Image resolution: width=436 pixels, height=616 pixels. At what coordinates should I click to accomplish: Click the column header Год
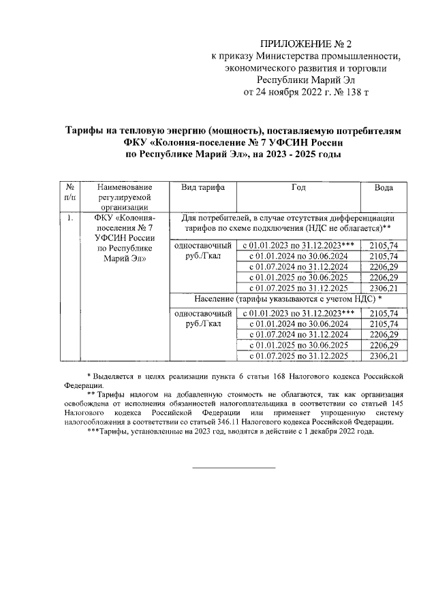298,187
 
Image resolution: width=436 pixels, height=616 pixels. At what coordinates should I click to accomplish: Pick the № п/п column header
69,192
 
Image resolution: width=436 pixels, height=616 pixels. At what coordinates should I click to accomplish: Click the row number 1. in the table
69,218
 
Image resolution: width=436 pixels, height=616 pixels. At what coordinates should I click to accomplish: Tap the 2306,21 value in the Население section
382,355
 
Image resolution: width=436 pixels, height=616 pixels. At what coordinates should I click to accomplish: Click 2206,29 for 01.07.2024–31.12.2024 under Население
382,334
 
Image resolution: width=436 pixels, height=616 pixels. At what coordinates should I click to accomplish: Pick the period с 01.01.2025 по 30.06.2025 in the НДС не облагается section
298,277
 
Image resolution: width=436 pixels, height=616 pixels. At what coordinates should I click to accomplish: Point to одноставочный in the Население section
200,313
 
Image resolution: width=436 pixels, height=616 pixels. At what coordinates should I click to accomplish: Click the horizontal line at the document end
234,468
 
